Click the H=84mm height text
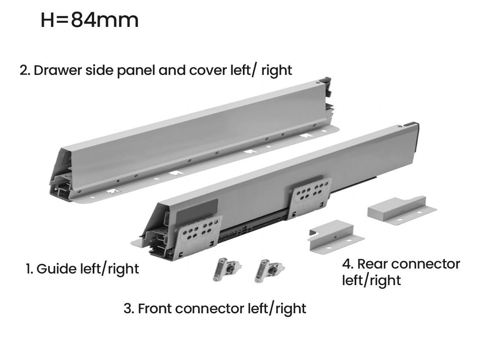click(89, 20)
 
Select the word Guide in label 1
click(57, 269)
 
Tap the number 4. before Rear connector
click(348, 264)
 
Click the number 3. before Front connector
click(129, 308)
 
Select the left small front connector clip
click(227, 269)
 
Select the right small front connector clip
click(269, 271)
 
